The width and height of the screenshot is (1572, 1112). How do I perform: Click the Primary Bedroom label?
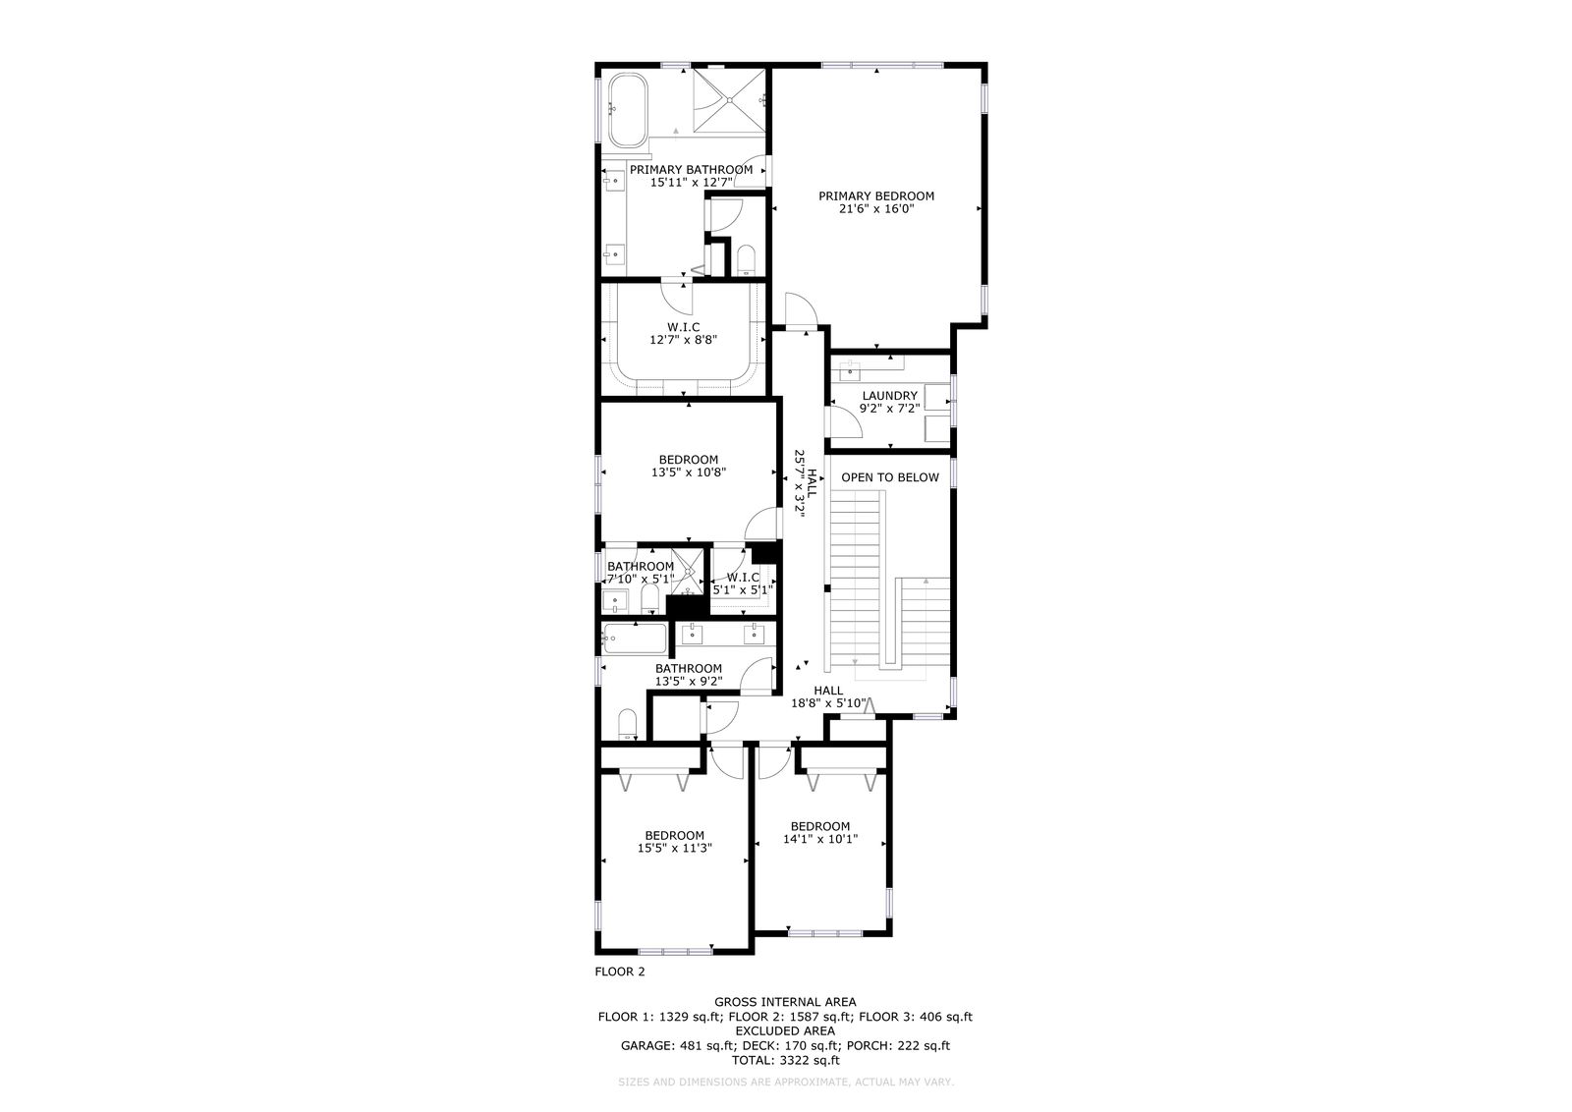coord(876,196)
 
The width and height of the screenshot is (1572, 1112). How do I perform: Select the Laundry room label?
coord(890,396)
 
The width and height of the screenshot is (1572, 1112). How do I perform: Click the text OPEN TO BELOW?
coord(890,477)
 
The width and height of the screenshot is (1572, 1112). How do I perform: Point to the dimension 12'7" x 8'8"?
coord(684,340)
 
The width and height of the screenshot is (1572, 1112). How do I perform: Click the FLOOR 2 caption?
coord(620,972)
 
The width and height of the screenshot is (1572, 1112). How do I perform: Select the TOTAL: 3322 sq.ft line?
coord(785,1060)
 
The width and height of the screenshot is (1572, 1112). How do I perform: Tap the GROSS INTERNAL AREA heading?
coord(785,1002)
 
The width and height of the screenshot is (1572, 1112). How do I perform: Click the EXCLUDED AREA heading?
coord(785,1030)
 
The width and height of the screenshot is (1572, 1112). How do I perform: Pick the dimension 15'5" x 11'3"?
coord(675,848)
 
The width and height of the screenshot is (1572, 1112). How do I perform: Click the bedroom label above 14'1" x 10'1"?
coord(820,826)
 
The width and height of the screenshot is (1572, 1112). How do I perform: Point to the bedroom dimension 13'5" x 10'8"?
coord(689,473)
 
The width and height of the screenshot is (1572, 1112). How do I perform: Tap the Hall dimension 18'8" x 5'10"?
coord(829,703)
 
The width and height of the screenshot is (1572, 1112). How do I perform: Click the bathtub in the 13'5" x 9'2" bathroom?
coord(635,639)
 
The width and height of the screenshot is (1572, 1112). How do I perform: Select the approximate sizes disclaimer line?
coord(786,1082)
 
